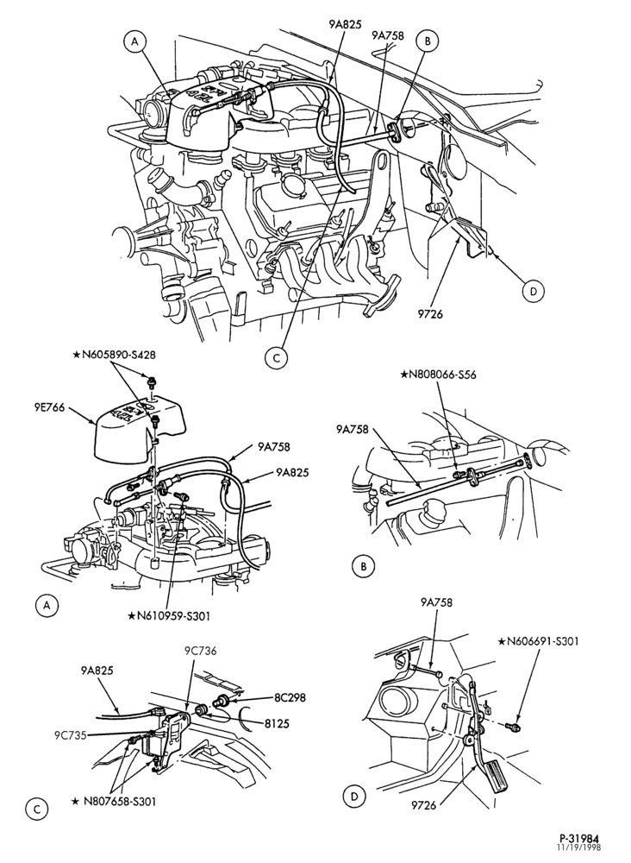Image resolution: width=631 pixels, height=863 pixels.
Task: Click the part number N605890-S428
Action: click(118, 356)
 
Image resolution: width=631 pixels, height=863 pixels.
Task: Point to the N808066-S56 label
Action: click(439, 375)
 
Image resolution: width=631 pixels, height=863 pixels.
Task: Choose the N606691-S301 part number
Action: click(539, 641)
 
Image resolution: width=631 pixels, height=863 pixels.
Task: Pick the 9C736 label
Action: click(200, 651)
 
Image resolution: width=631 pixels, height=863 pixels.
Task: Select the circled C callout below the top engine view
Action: click(276, 358)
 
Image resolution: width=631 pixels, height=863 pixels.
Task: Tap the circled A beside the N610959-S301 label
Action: click(47, 606)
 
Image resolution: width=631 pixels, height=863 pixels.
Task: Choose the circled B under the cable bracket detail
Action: click(364, 567)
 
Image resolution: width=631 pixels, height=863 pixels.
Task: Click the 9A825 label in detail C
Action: click(97, 671)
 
